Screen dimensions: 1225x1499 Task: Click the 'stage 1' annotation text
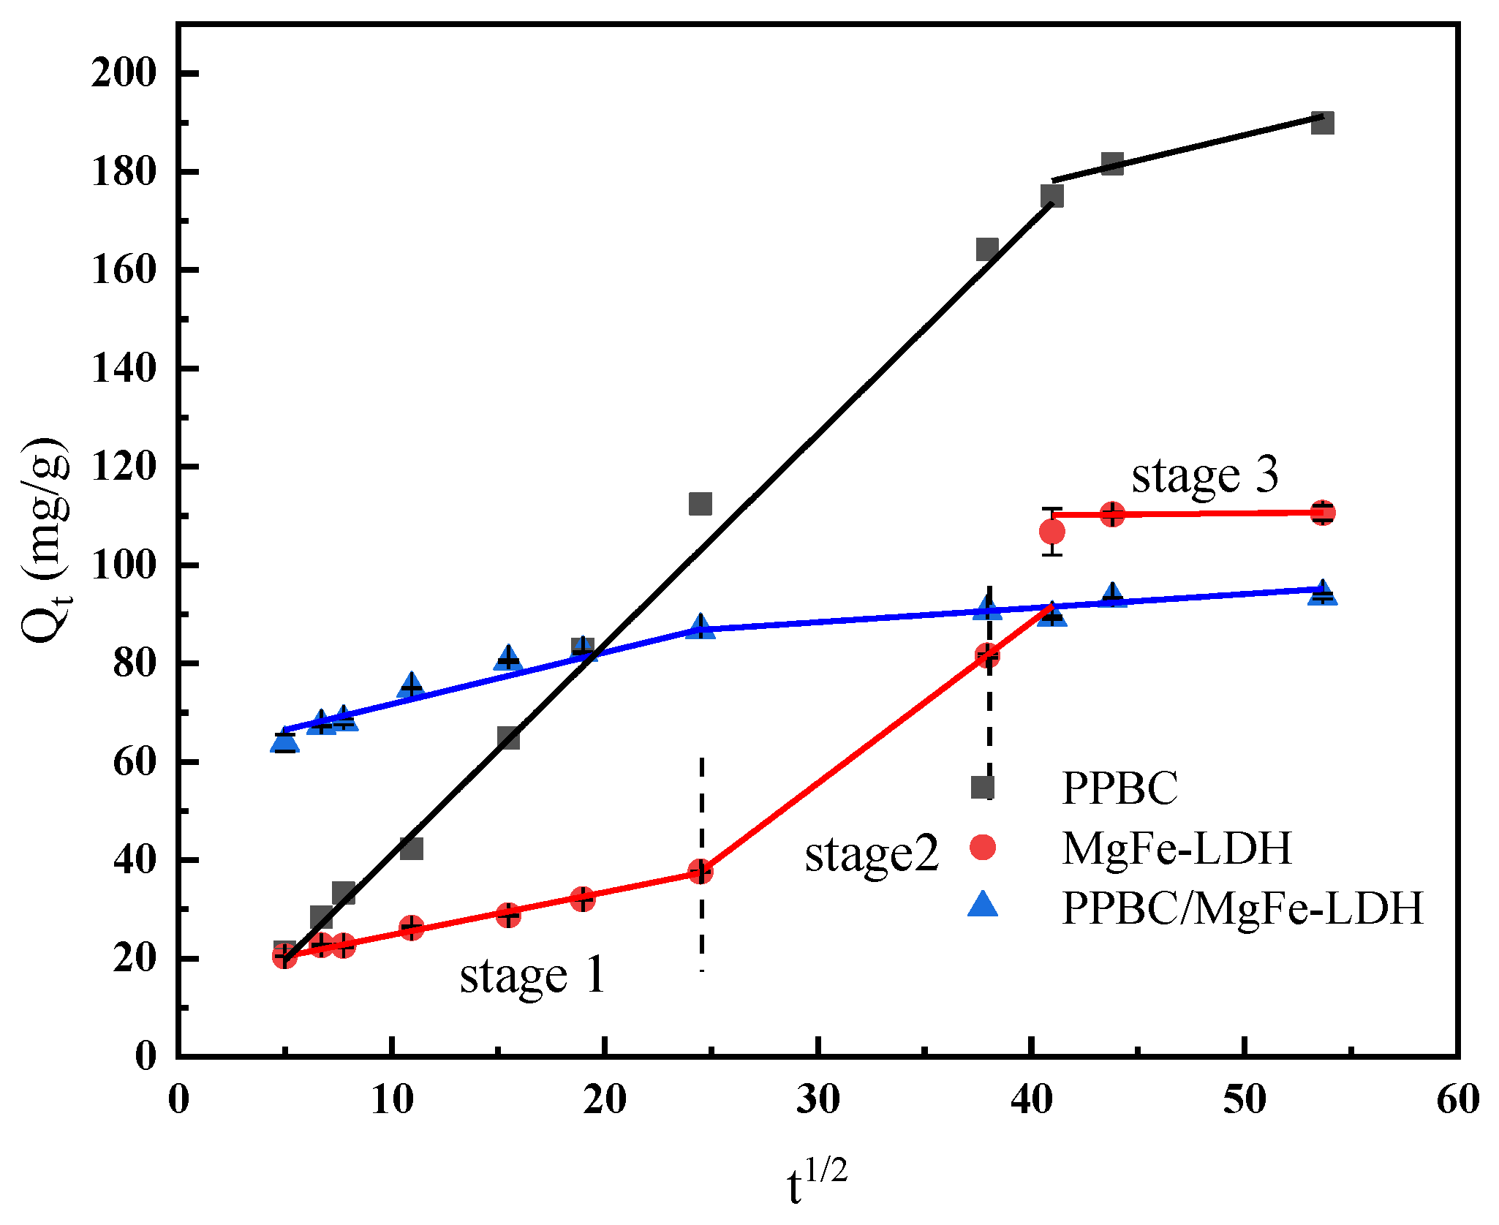click(532, 976)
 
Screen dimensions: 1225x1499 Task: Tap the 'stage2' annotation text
click(871, 854)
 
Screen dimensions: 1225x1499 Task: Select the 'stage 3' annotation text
click(1205, 475)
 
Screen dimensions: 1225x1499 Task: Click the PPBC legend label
click(1119, 788)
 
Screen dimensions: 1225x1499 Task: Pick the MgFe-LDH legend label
click(1177, 848)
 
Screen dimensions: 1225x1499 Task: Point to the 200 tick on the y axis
click(124, 73)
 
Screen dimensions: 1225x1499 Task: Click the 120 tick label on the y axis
click(124, 467)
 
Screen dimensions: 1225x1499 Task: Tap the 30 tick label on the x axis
click(818, 1099)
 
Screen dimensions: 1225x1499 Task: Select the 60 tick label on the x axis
click(1457, 1099)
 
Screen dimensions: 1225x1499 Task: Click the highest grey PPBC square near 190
click(1322, 123)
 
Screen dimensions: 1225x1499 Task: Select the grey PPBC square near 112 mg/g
click(700, 504)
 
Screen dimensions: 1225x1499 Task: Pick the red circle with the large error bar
click(1051, 532)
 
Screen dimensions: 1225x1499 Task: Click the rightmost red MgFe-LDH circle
click(1322, 513)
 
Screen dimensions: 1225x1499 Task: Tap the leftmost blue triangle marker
click(284, 742)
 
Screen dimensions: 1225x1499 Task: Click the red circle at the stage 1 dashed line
click(700, 872)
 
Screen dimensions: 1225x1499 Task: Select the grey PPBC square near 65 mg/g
click(508, 738)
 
